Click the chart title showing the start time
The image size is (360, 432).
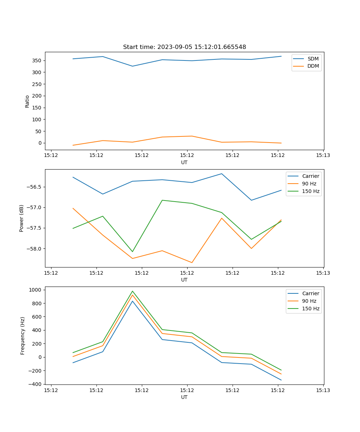pyautogui.click(x=184, y=47)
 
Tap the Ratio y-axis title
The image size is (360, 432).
pyautogui.click(x=27, y=101)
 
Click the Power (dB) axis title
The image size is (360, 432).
pyautogui.click(x=22, y=218)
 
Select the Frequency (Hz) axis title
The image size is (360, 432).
pyautogui.click(x=23, y=336)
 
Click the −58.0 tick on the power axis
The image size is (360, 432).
pyautogui.click(x=34, y=249)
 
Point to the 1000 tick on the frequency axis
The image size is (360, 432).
pyautogui.click(x=35, y=290)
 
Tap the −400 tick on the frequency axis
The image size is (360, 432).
pyautogui.click(x=35, y=384)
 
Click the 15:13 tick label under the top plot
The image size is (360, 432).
pyautogui.click(x=323, y=156)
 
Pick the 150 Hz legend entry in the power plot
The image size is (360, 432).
pyautogui.click(x=310, y=191)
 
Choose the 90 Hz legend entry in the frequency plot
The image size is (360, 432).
pyautogui.click(x=309, y=301)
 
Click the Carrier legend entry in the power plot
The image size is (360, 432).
pyautogui.click(x=310, y=176)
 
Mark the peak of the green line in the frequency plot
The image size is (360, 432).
pyautogui.click(x=132, y=291)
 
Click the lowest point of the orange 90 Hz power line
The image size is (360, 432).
pyautogui.click(x=192, y=262)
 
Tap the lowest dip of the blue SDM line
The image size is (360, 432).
pyautogui.click(x=132, y=66)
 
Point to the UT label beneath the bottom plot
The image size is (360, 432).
pyautogui.click(x=184, y=397)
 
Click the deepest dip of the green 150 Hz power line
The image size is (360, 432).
pyautogui.click(x=132, y=252)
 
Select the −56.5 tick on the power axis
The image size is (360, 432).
pyautogui.click(x=34, y=187)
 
